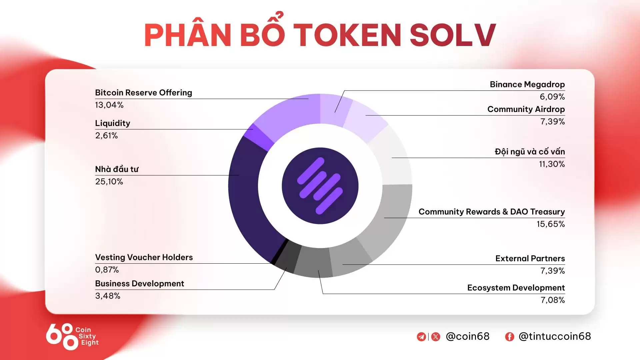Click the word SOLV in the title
click(x=452, y=35)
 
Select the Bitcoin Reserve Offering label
click(x=143, y=93)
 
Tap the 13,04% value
click(x=109, y=105)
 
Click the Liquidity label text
click(x=112, y=123)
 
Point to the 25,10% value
click(x=109, y=182)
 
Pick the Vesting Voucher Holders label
click(x=144, y=257)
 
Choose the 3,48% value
click(x=107, y=296)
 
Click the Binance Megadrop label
click(x=527, y=85)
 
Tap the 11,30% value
click(x=552, y=164)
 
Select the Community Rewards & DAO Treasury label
click(x=491, y=212)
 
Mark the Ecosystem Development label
click(x=516, y=288)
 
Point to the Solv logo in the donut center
click(x=320, y=186)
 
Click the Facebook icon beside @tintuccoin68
click(x=509, y=337)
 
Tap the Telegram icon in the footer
click(x=421, y=337)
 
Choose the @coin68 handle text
click(x=467, y=336)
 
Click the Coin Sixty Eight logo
click(x=72, y=336)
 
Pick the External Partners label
click(x=530, y=259)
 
